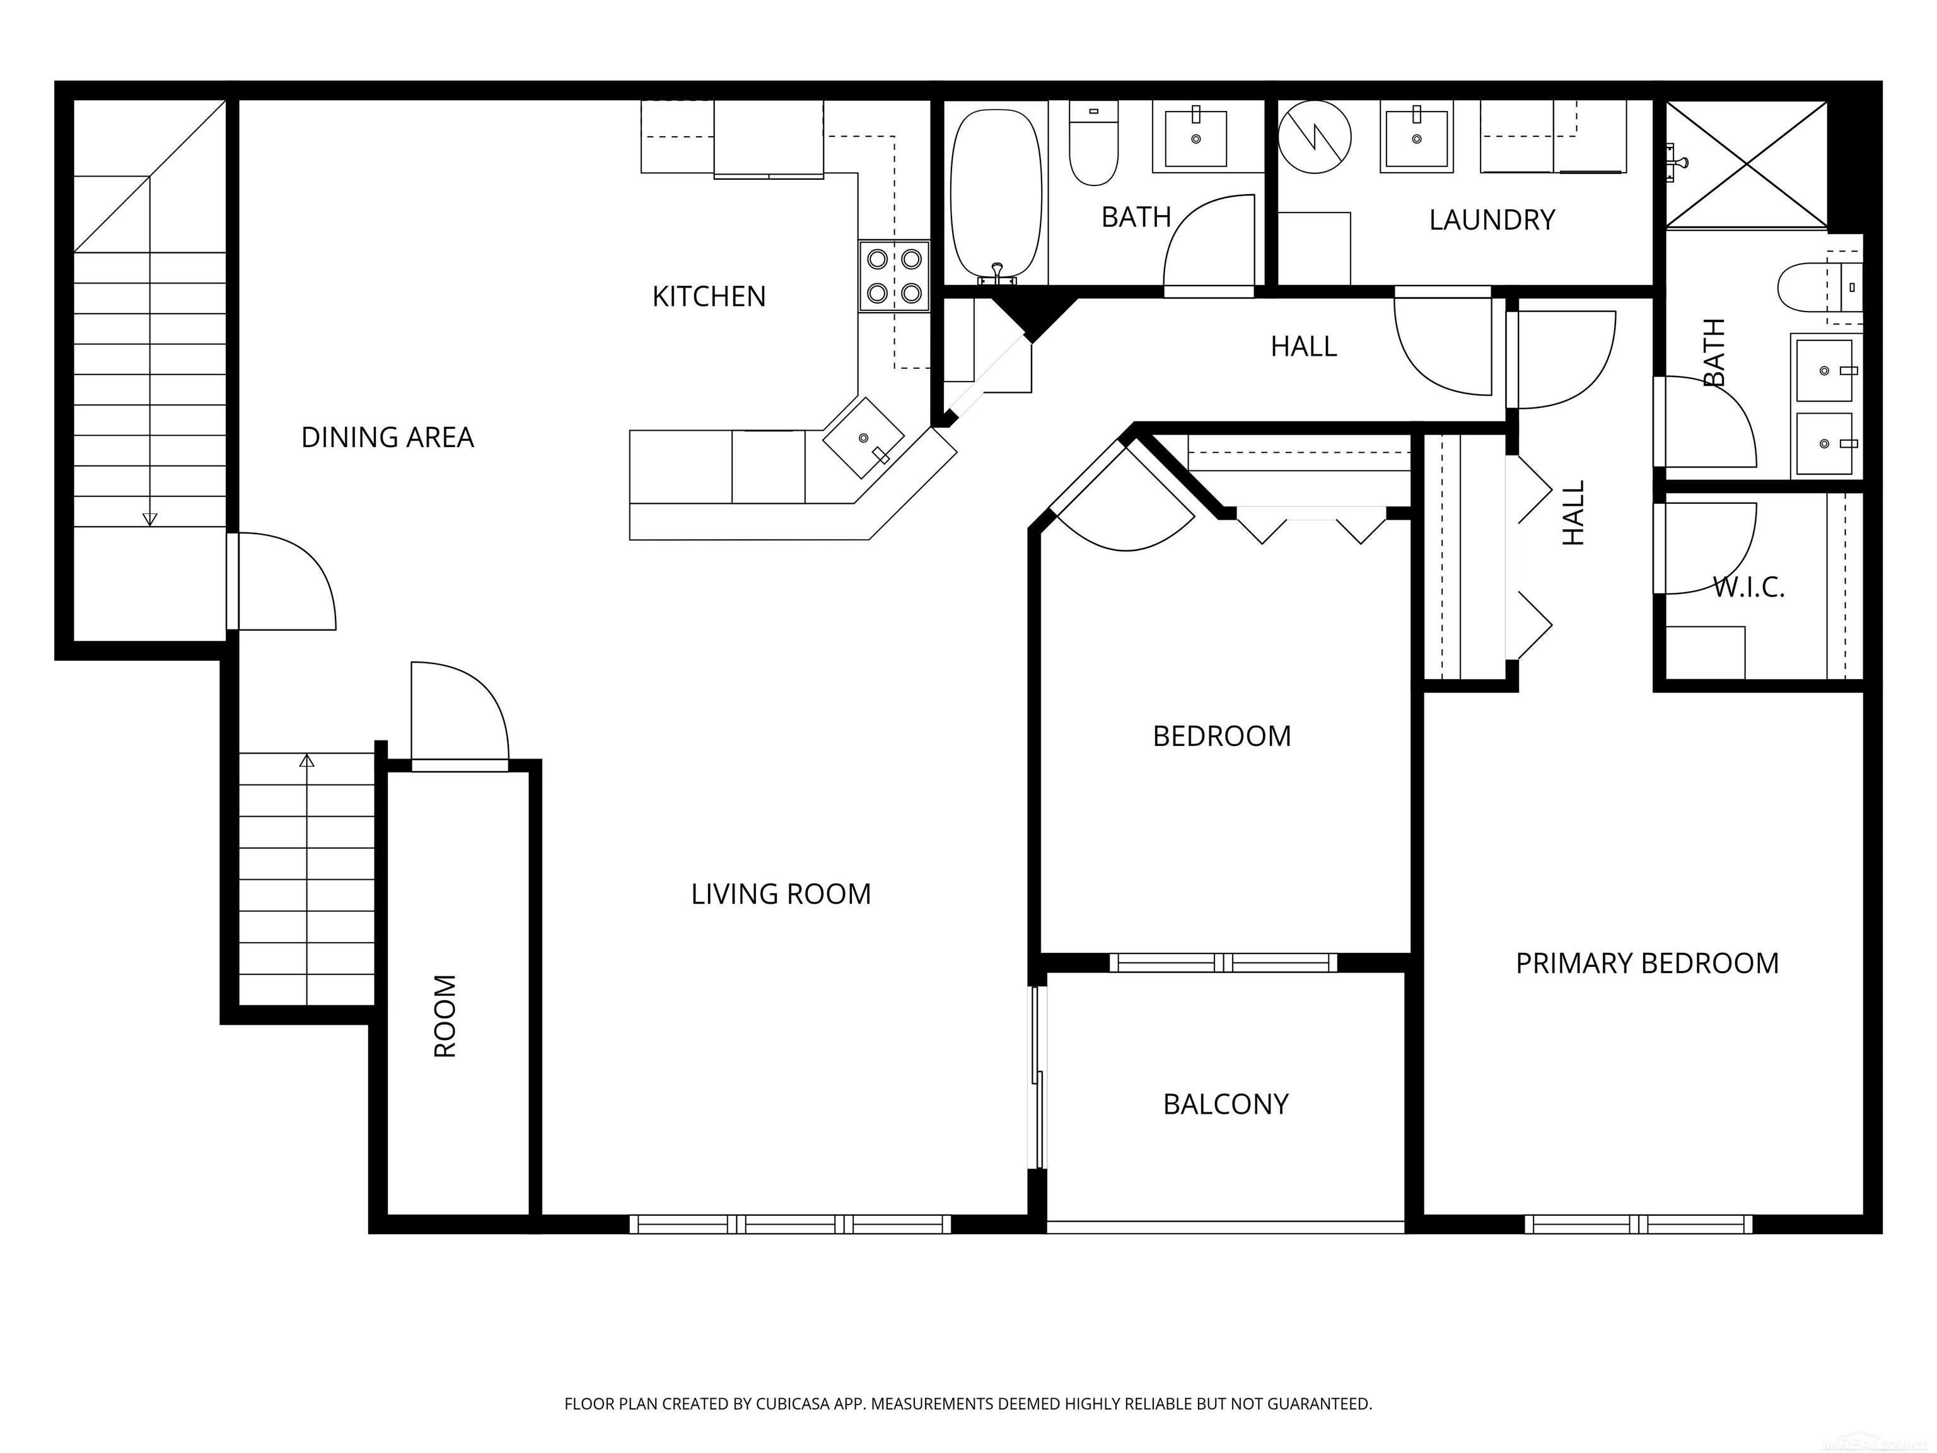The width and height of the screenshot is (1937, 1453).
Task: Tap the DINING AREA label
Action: pyautogui.click(x=387, y=437)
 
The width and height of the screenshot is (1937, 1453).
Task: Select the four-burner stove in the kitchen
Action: pyautogui.click(x=894, y=276)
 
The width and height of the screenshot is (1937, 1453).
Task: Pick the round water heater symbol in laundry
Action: pyautogui.click(x=1313, y=137)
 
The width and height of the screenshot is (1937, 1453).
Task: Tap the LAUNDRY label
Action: pyautogui.click(x=1491, y=220)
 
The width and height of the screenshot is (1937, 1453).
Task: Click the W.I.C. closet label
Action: pyautogui.click(x=1748, y=586)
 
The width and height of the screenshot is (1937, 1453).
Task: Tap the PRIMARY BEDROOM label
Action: pyautogui.click(x=1646, y=964)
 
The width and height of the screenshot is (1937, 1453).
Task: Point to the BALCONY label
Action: pyautogui.click(x=1225, y=1104)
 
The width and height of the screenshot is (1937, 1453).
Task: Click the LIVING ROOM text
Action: pyautogui.click(x=780, y=894)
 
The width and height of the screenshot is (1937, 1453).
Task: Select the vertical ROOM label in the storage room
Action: pyautogui.click(x=446, y=1015)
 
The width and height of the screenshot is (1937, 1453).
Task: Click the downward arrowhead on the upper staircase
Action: pyautogui.click(x=149, y=520)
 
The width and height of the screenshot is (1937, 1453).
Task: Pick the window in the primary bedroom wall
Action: pyautogui.click(x=1638, y=1225)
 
